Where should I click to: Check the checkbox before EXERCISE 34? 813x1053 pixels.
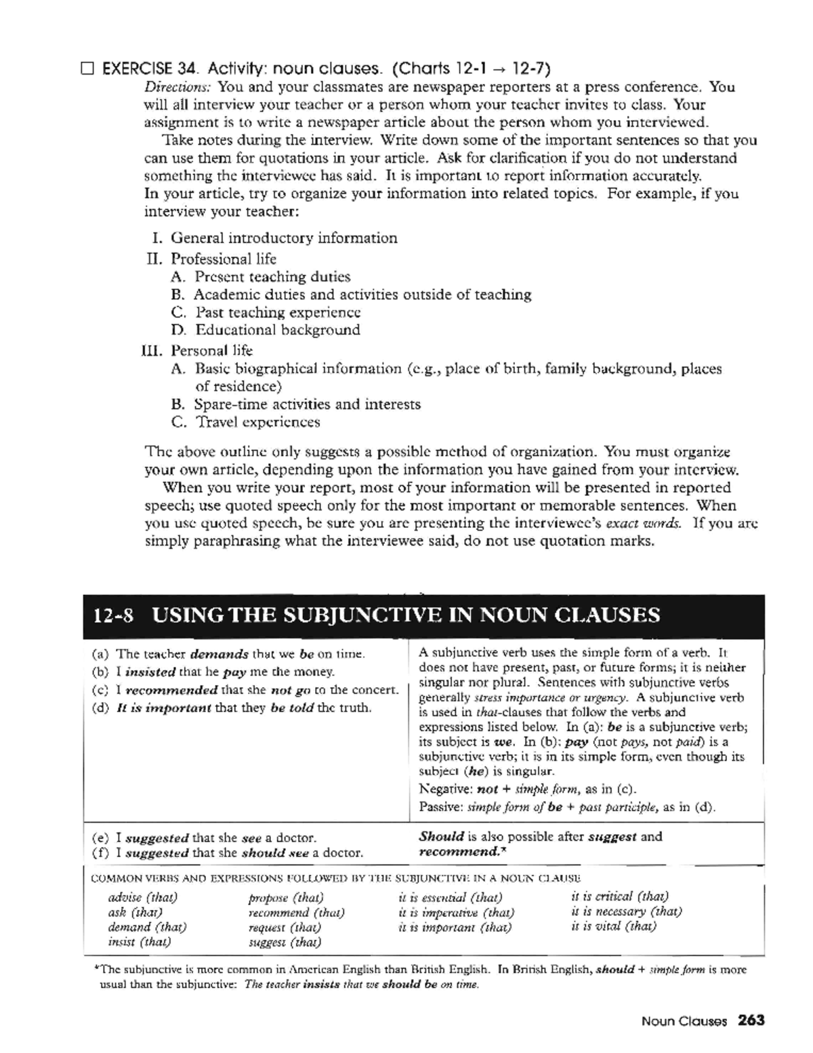tap(87, 68)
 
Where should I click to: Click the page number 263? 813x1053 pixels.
tap(751, 1020)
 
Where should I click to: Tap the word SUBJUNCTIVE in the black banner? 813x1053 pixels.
tap(361, 615)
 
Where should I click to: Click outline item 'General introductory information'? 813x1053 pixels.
tap(284, 238)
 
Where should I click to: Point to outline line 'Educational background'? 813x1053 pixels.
tap(278, 330)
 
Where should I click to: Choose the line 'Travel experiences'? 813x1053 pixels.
tap(257, 422)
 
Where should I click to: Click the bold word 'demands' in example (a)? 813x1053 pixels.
tap(219, 655)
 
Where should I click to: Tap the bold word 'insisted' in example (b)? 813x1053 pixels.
tap(150, 672)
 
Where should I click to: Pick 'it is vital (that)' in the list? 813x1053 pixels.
tap(614, 926)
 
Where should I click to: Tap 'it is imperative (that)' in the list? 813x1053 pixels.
tap(457, 913)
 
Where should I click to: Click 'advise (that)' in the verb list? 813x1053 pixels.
tap(142, 898)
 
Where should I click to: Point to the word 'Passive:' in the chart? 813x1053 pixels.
tap(441, 807)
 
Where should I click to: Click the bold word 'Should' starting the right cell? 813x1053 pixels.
tap(441, 836)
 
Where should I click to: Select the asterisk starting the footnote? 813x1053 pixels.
tap(96, 969)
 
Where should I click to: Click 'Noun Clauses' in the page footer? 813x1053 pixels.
tap(684, 1020)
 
